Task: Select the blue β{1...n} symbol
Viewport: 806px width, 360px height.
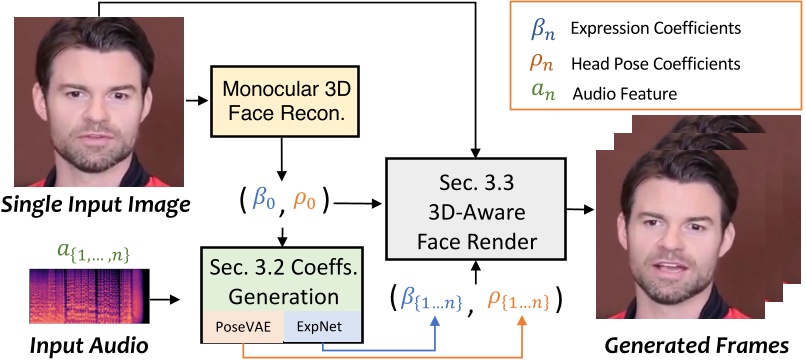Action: [432, 299]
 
